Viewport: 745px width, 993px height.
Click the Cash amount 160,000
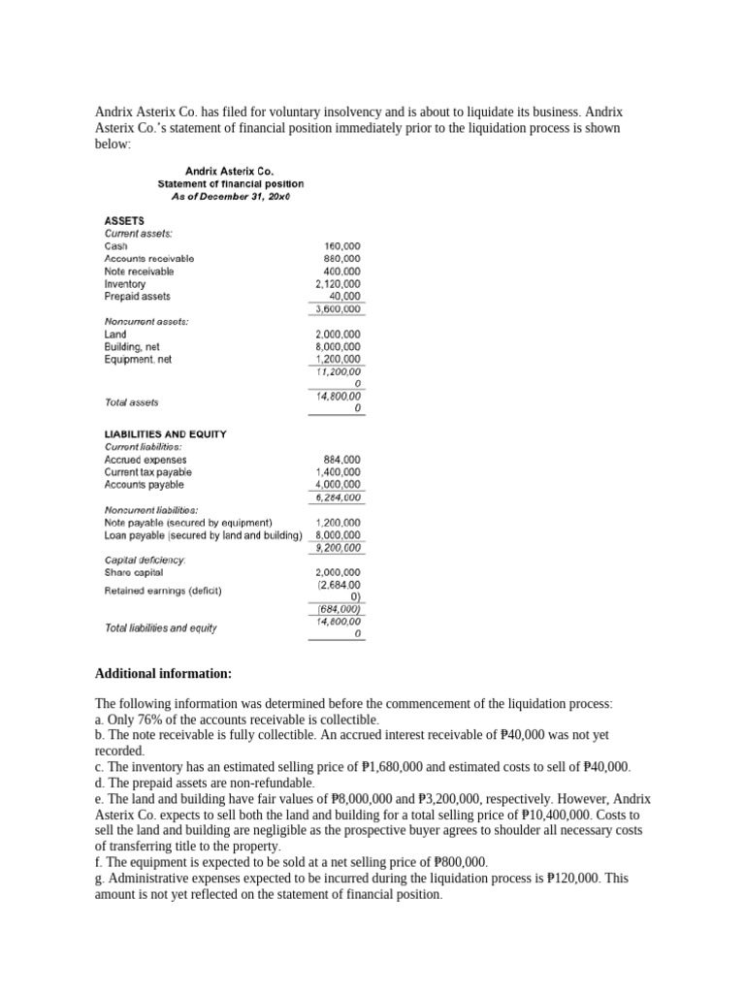point(342,246)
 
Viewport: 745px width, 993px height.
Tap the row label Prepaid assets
point(137,297)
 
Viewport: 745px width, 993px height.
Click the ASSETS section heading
point(124,220)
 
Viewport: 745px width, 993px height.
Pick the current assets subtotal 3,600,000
point(338,309)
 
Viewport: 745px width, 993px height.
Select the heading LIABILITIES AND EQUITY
point(165,434)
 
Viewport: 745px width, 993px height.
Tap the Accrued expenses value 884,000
point(341,460)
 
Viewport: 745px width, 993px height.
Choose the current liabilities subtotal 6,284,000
point(338,497)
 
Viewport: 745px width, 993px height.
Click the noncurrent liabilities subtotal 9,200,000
point(338,548)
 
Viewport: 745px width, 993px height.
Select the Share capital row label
point(134,572)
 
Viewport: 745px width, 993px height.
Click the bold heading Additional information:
point(163,674)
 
